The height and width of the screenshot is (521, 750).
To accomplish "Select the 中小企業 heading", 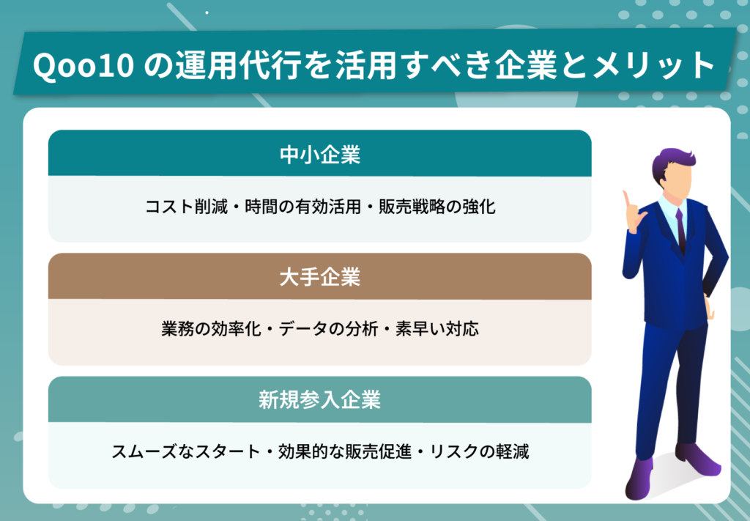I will (x=319, y=155).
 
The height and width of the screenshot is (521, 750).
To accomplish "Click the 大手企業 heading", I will (x=319, y=278).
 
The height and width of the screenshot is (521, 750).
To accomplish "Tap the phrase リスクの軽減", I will (x=479, y=451).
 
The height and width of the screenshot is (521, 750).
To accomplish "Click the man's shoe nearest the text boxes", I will (x=639, y=479).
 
